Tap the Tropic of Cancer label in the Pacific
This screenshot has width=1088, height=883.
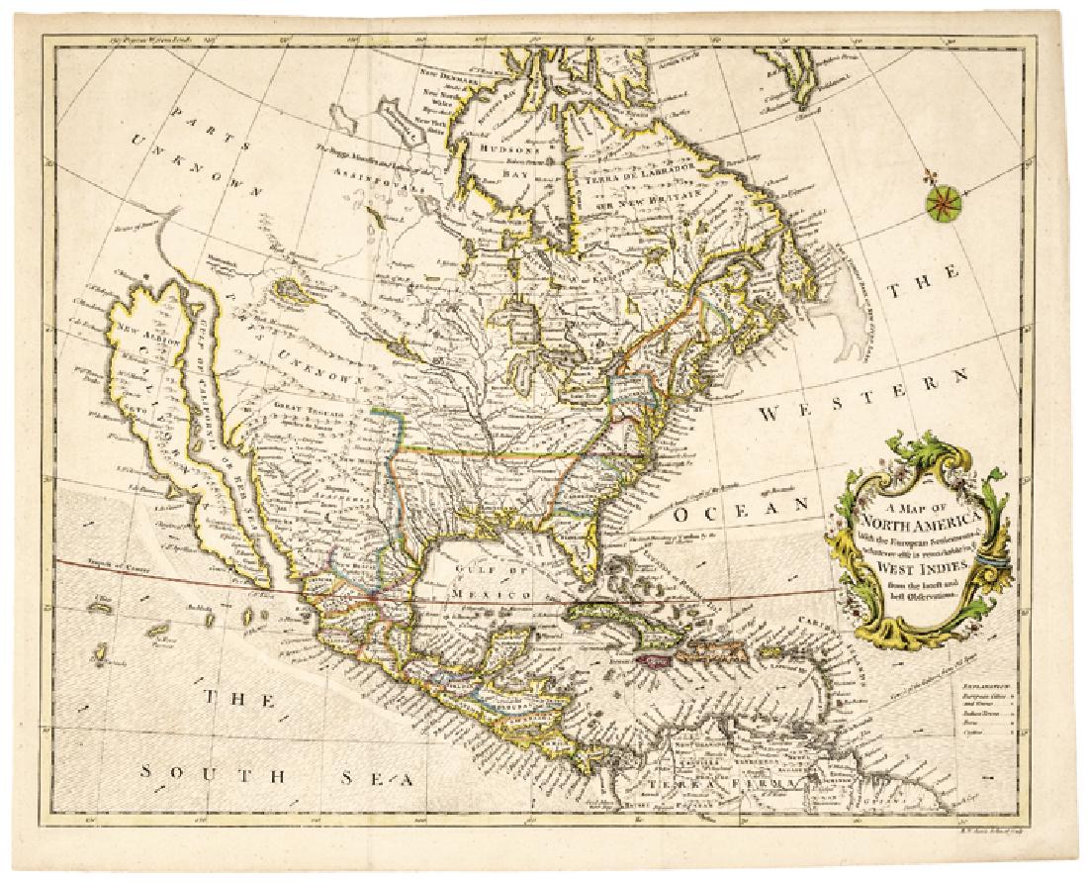click(111, 566)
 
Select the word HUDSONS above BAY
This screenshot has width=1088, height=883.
click(507, 141)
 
